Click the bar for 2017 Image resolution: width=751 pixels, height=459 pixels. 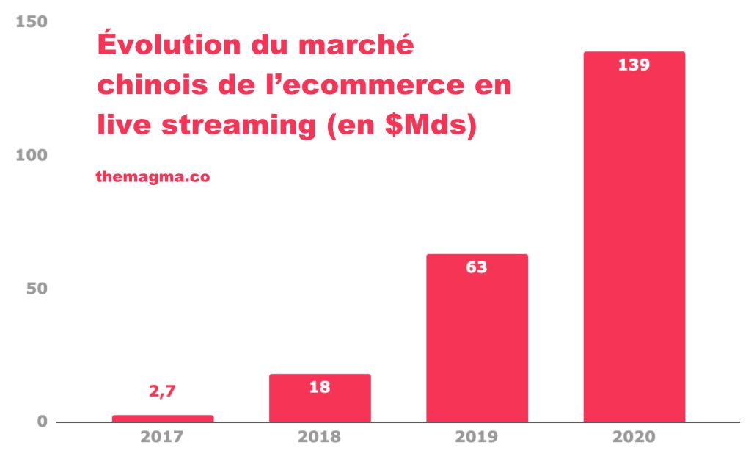click(x=163, y=419)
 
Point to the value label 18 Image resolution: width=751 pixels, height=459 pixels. click(x=320, y=387)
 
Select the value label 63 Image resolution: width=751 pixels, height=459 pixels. click(x=477, y=267)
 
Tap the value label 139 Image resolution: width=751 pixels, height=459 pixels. click(x=634, y=65)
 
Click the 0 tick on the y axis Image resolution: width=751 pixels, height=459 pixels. click(x=42, y=422)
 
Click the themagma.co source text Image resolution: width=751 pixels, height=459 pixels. click(x=153, y=176)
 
